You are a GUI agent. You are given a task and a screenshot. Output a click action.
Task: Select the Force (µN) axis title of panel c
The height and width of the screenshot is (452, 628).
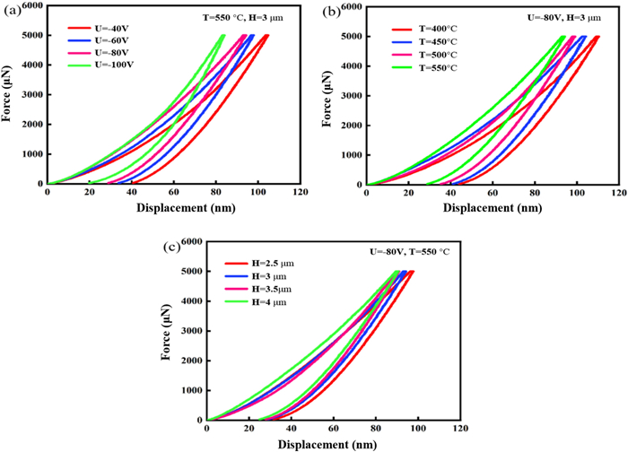[x=167, y=330]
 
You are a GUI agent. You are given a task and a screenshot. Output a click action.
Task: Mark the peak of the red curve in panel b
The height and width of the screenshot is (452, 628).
[x=597, y=37]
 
